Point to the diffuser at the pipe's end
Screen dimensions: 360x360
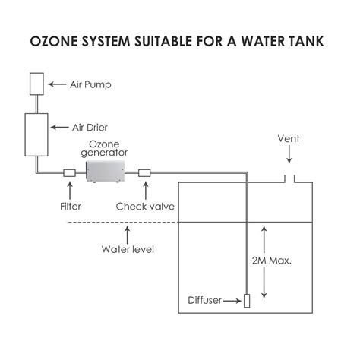click(248, 300)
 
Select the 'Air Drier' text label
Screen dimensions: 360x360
click(90, 128)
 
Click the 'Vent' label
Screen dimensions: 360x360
click(289, 140)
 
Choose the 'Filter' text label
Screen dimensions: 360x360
click(70, 206)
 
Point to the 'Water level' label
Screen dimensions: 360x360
click(128, 249)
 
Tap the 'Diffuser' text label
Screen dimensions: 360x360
click(205, 300)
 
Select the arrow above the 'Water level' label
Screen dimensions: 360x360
click(128, 232)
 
